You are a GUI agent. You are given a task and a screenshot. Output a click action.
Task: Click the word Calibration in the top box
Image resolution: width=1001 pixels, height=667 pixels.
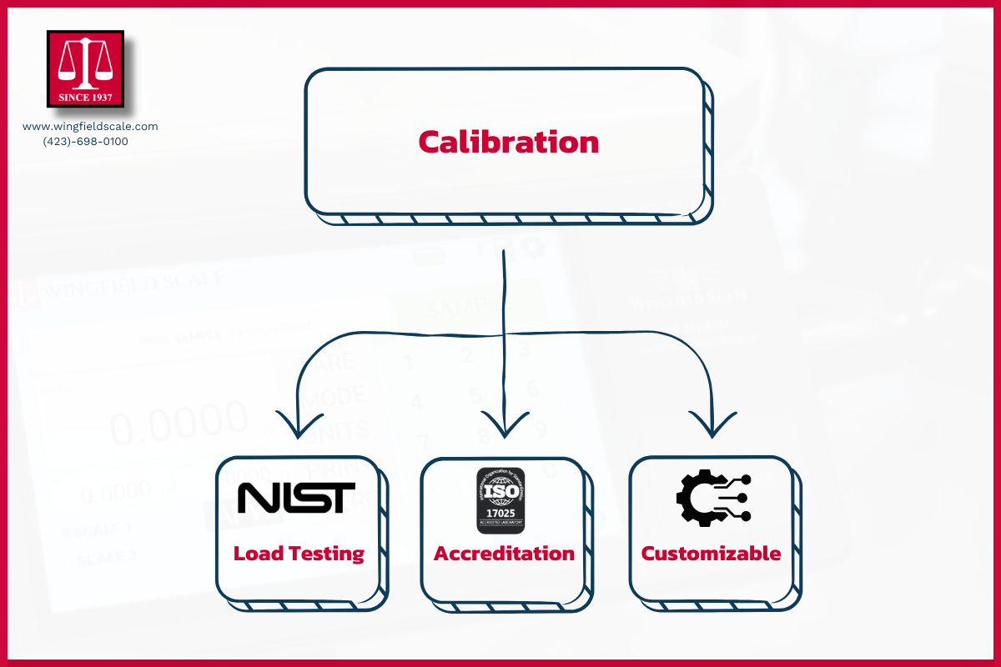point(508,142)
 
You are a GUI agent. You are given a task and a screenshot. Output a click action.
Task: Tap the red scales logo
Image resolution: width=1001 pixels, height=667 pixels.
point(85,68)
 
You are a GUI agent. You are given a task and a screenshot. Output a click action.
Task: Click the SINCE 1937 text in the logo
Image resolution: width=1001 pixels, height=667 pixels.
point(85,98)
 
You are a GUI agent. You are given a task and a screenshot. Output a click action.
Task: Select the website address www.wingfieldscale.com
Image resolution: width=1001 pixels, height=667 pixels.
point(90,127)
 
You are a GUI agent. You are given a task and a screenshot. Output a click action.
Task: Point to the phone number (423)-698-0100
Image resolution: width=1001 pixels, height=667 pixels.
point(86,142)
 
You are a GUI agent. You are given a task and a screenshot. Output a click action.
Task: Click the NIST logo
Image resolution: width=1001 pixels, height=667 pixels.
point(296,498)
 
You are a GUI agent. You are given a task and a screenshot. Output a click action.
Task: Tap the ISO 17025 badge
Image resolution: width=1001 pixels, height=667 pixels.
point(500,500)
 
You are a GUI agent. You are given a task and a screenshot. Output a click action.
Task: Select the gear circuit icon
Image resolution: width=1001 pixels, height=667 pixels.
point(712,498)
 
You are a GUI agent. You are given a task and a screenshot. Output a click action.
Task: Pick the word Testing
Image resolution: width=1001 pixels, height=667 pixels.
point(326,554)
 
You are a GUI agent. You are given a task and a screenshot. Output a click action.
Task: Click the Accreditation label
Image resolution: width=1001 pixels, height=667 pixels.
point(504,554)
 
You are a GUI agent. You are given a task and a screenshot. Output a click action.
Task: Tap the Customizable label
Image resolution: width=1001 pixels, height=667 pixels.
point(711,554)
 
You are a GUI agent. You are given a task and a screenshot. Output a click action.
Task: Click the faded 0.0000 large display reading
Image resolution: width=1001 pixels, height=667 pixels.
point(179,426)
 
